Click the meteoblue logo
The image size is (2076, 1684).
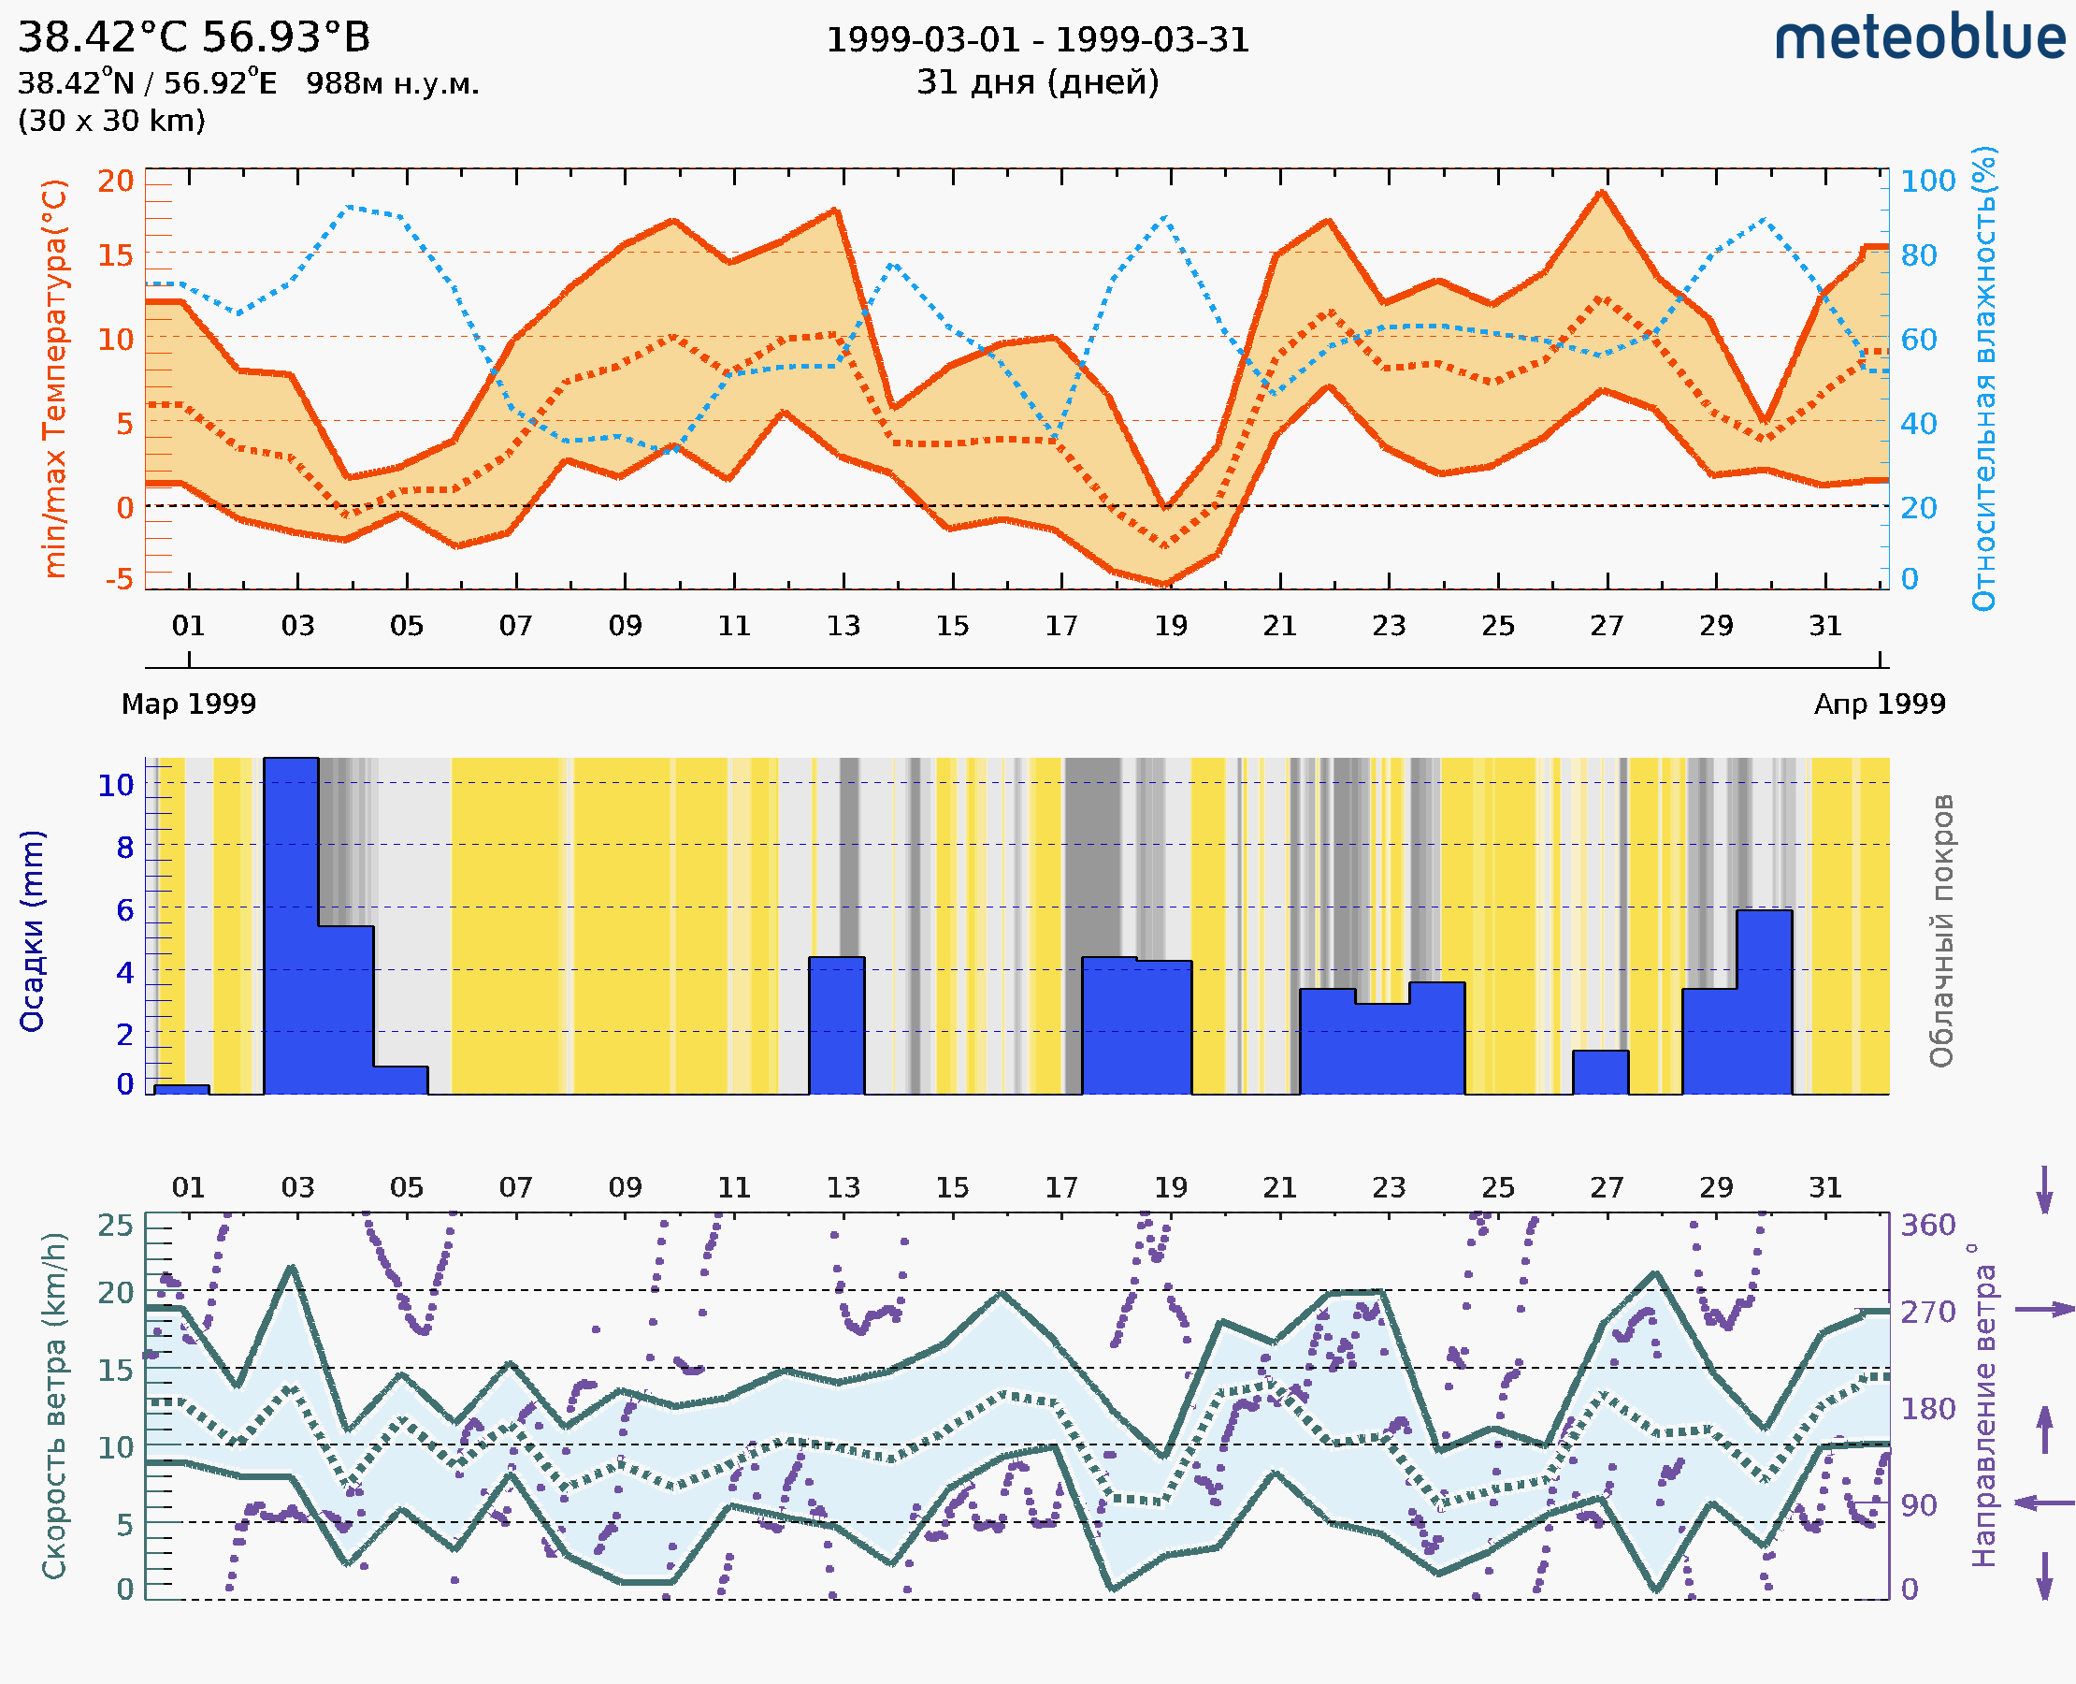(x=1919, y=38)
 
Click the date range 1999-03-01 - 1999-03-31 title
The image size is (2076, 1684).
(x=1037, y=40)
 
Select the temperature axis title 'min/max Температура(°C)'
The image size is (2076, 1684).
(x=55, y=378)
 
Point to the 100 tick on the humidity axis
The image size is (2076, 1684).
(x=1927, y=181)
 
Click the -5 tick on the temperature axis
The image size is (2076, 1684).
(x=120, y=579)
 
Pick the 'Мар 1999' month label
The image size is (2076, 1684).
(x=188, y=704)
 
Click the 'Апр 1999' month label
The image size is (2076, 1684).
(x=1880, y=704)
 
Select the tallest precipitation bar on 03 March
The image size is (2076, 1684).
(x=291, y=925)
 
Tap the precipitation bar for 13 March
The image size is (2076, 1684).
(x=837, y=1025)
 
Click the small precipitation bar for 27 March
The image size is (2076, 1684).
(x=1600, y=1072)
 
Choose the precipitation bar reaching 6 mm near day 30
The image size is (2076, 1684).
(x=1764, y=1001)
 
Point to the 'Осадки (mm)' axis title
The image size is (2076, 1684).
(x=32, y=931)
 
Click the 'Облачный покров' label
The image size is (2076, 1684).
(x=1941, y=931)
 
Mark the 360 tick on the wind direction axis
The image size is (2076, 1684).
(x=1927, y=1226)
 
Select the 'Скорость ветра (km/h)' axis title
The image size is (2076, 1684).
(x=54, y=1405)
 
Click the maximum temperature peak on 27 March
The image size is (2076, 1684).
(x=1603, y=193)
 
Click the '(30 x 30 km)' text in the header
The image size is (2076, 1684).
(x=111, y=121)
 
